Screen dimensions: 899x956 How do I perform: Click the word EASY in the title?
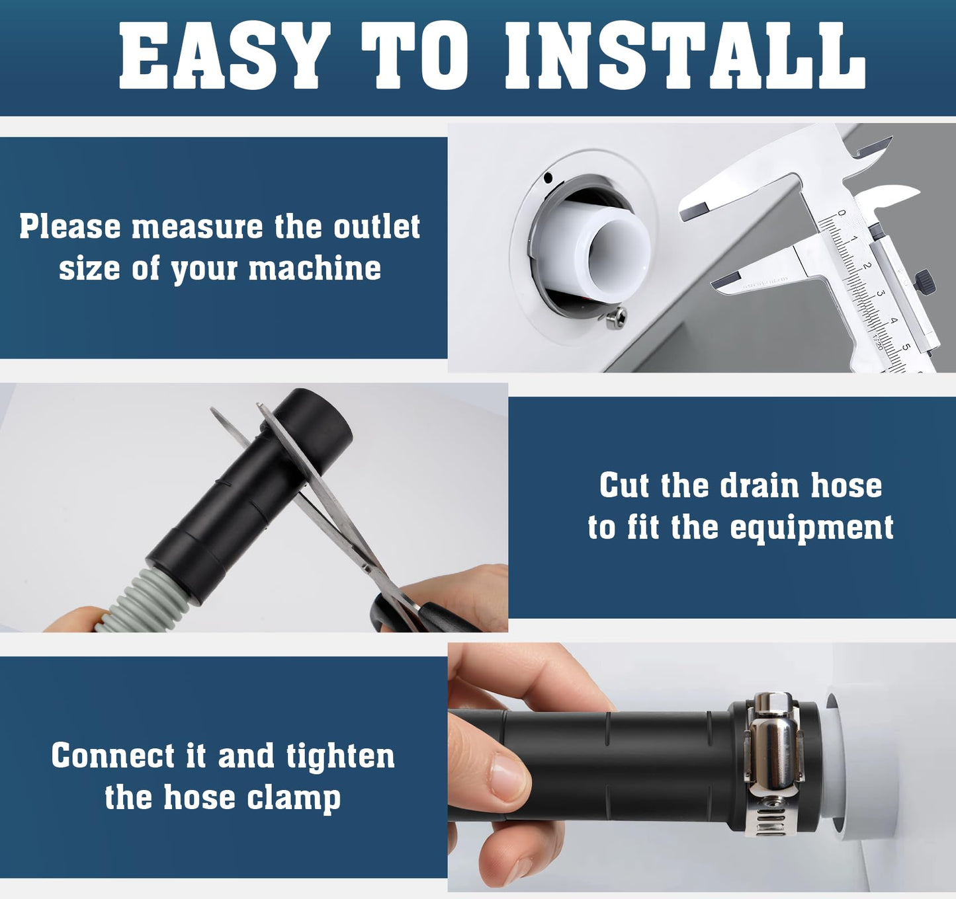(224, 56)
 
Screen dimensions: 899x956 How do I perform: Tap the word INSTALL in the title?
(685, 56)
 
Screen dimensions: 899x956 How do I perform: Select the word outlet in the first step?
(376, 227)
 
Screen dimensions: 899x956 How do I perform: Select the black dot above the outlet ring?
(548, 177)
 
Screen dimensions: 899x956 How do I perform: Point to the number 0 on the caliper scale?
(841, 213)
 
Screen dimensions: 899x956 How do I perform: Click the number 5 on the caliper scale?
(906, 346)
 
